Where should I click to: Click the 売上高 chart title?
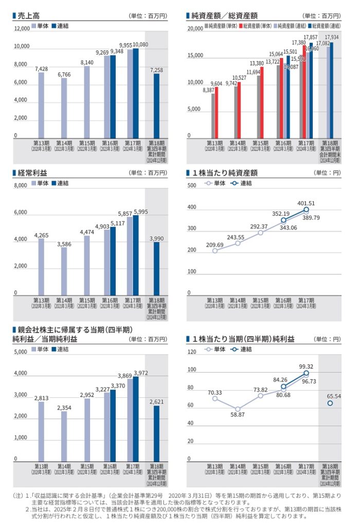(x=28, y=16)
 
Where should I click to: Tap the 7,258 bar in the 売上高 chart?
(x=156, y=106)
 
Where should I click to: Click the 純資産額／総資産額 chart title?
(x=222, y=16)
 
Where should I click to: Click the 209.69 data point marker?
(x=214, y=251)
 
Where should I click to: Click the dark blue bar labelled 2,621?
(x=156, y=432)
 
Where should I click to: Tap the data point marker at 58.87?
(x=238, y=409)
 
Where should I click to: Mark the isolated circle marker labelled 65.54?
(x=330, y=403)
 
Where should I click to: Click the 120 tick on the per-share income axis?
(x=192, y=353)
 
